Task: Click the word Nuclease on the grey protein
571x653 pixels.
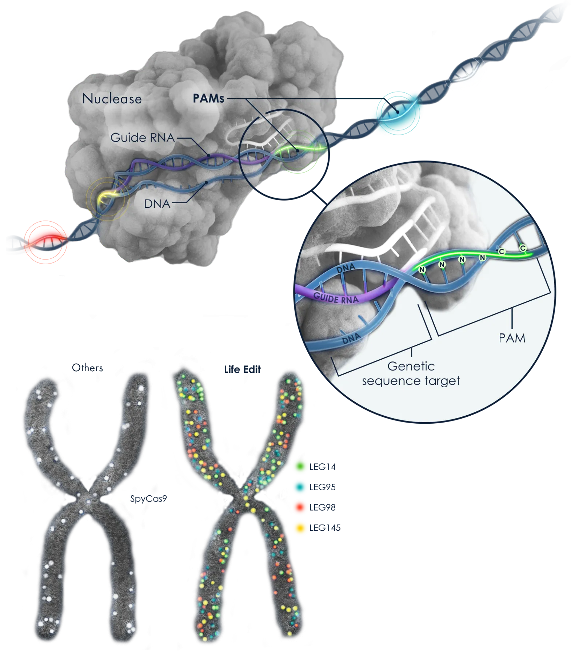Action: tap(112, 99)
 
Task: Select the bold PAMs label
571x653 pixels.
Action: tap(208, 98)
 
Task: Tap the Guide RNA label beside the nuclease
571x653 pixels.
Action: tap(143, 138)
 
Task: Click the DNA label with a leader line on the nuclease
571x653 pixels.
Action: tap(157, 204)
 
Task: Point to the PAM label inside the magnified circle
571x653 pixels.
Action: tap(512, 338)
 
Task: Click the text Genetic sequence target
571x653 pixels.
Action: tap(411, 373)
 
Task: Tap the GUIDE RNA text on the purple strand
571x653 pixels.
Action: tap(336, 298)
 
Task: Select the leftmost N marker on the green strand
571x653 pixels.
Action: tap(422, 270)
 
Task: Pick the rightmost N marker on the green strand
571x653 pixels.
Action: tap(483, 258)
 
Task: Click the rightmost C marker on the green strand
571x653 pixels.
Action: tap(523, 248)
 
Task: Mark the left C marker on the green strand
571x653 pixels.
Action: tap(502, 252)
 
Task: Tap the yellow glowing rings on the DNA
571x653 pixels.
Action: tap(107, 198)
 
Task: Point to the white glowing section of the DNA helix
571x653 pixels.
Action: tap(465, 73)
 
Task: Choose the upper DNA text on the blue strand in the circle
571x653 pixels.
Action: tap(346, 269)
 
